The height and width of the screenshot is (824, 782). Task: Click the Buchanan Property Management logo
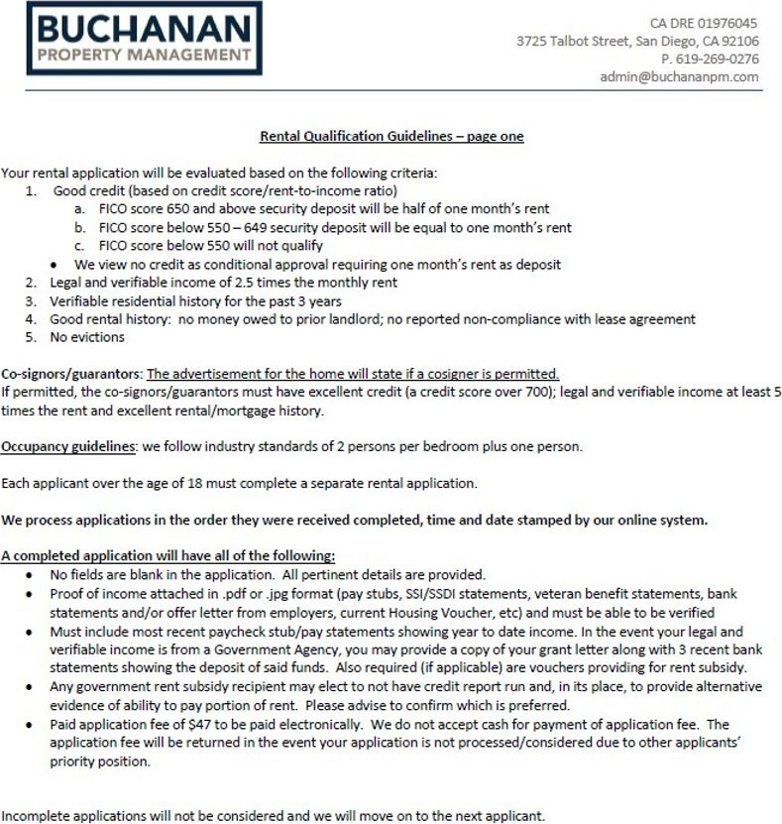[x=144, y=38]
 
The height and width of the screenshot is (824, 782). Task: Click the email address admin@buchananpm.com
[x=679, y=76]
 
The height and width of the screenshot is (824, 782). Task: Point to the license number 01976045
[x=731, y=23]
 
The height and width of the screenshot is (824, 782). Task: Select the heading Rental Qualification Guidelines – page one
[x=391, y=136]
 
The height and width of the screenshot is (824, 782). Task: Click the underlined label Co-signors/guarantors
[x=71, y=374]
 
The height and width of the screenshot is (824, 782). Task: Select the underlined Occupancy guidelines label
[x=68, y=446]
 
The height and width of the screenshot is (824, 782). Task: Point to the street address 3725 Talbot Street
[x=572, y=41]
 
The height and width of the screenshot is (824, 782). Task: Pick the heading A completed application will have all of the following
[x=168, y=555]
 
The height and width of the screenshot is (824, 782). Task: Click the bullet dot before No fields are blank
[x=31, y=575]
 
